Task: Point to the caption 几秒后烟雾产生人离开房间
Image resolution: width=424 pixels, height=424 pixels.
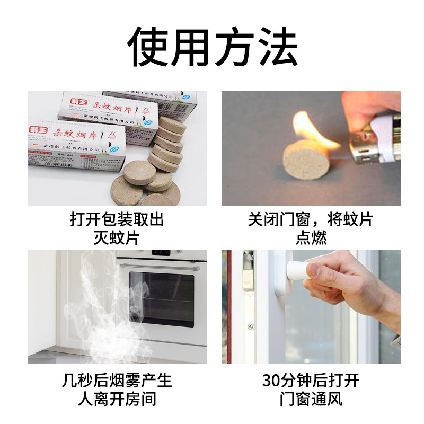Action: [x=117, y=390]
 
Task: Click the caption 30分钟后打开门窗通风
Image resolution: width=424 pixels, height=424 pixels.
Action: [x=311, y=390]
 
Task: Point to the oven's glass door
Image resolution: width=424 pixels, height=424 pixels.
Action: [x=162, y=299]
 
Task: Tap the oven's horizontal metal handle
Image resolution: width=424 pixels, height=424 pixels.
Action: [x=159, y=267]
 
